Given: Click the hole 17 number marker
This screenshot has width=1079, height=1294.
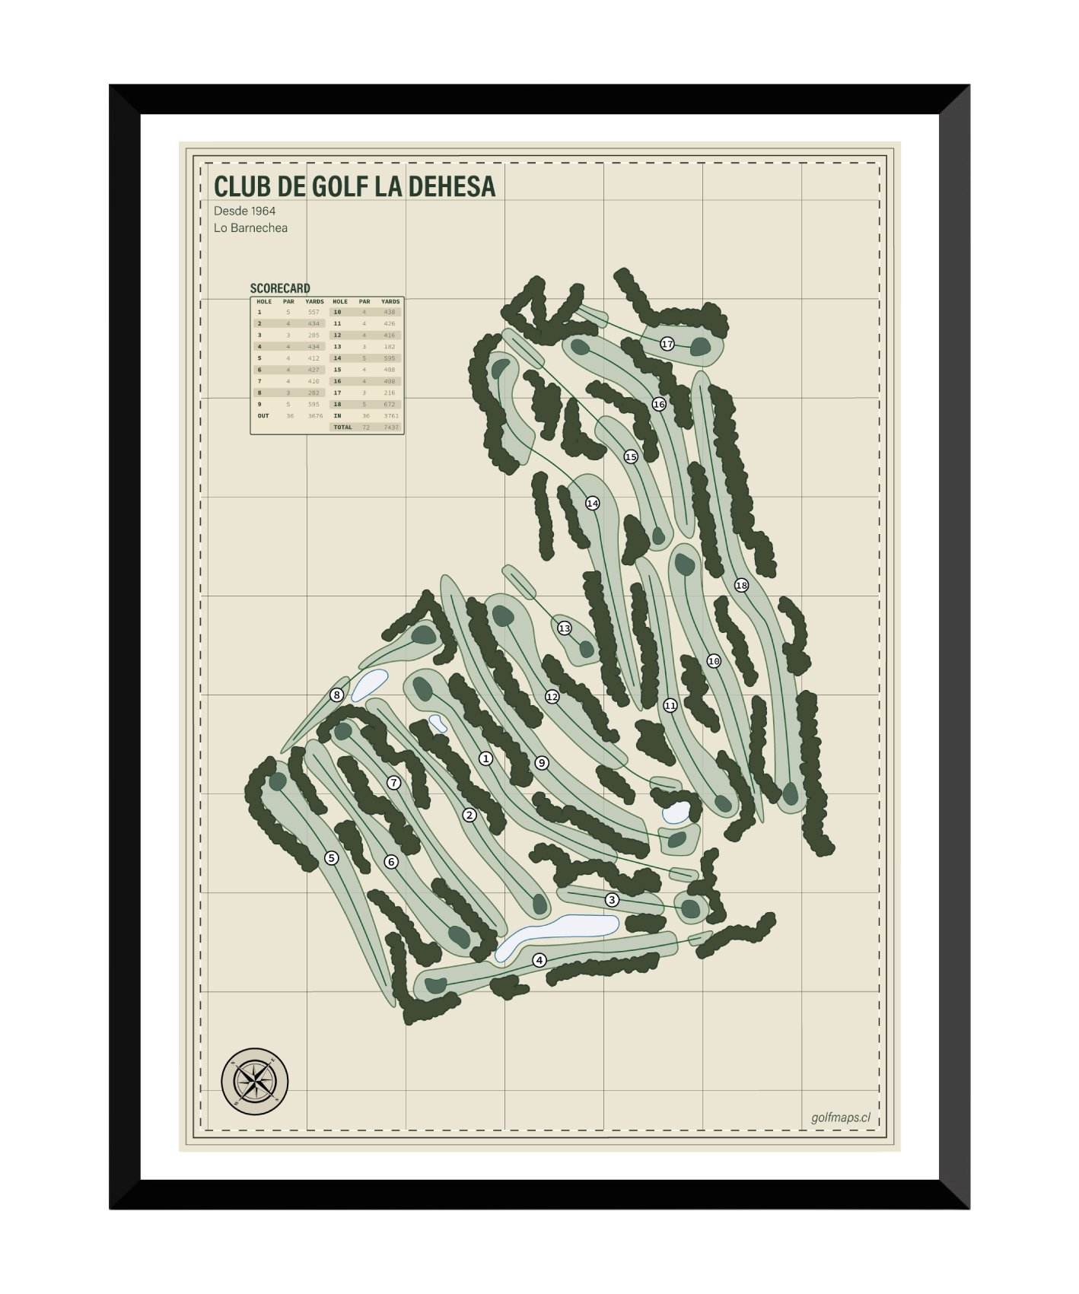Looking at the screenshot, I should tap(667, 344).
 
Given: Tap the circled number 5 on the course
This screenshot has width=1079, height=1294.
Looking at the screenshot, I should tap(331, 858).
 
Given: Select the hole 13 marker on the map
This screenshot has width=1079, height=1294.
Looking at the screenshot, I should tap(564, 628).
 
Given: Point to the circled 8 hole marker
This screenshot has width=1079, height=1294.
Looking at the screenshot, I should tap(336, 695).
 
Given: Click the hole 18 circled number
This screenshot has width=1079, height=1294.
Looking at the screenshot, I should tap(741, 585).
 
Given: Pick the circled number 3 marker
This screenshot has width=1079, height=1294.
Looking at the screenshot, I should tap(612, 900).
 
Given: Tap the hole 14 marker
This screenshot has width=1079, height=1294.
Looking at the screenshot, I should tap(592, 503).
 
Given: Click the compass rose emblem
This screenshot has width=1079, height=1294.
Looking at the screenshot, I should tap(255, 1081).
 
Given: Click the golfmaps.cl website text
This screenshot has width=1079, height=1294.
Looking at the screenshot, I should tap(840, 1118).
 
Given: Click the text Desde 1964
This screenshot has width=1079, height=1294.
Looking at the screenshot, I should tap(244, 211).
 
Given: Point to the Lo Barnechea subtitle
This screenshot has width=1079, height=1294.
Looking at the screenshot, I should tap(250, 227).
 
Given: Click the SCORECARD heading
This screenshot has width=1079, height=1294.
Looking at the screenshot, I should tap(280, 288).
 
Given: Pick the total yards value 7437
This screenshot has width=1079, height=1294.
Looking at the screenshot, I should tap(390, 428).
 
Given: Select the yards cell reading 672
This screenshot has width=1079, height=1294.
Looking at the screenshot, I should tap(390, 404).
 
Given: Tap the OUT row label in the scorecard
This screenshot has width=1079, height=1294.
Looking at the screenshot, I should tap(263, 416).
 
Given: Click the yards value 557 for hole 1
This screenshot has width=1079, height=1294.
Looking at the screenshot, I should tap(314, 312).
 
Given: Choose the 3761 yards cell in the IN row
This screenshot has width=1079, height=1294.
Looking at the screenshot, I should tap(390, 416).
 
